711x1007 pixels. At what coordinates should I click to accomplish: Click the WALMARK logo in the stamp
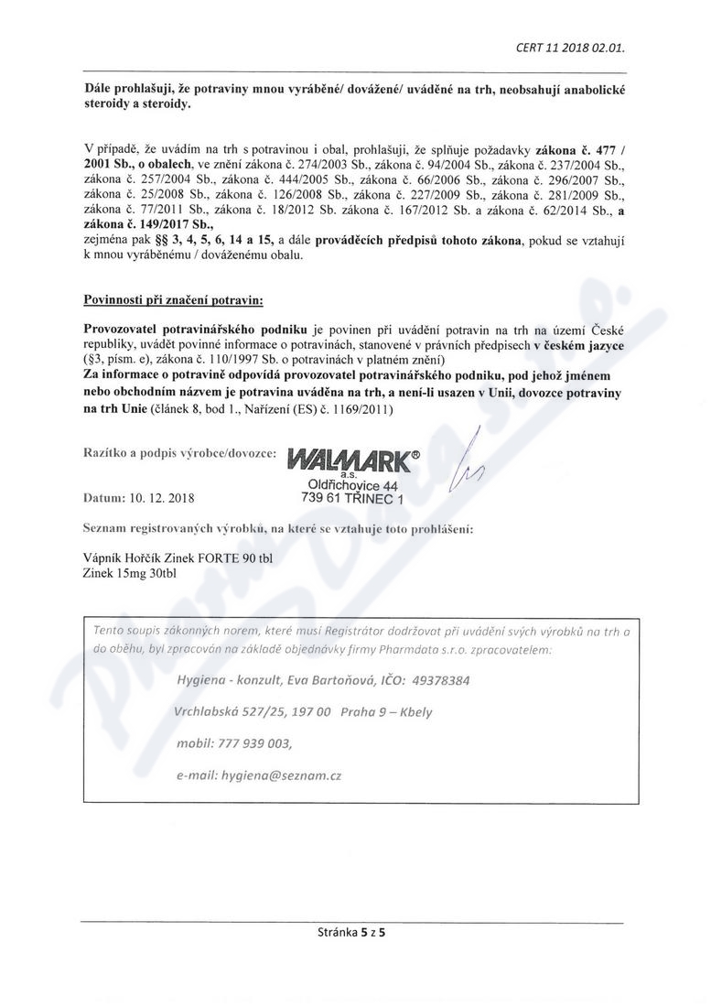coord(348,459)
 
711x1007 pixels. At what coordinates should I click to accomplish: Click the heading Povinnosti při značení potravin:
coord(173,299)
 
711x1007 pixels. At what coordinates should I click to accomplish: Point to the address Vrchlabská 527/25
coord(224,712)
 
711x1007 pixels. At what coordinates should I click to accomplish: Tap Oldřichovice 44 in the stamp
coord(353,485)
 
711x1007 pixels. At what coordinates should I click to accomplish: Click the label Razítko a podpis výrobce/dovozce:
coord(179,453)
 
